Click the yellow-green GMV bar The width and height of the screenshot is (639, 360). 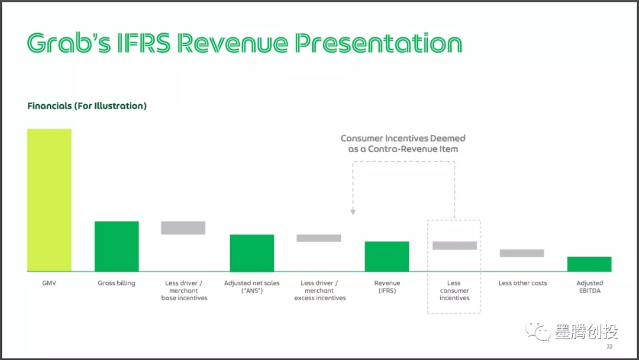tap(49, 200)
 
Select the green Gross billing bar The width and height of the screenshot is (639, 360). tap(117, 246)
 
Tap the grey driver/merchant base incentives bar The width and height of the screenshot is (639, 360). tap(183, 228)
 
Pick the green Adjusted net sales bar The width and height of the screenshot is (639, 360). tap(252, 253)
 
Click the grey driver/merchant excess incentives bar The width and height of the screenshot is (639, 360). tap(319, 238)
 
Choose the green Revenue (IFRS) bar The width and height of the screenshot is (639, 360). tap(387, 256)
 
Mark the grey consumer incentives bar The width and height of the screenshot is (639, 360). tap(454, 246)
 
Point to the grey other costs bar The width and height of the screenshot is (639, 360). tap(522, 253)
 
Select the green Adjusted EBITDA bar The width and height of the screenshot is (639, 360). tap(589, 264)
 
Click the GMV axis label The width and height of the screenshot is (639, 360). tap(49, 283)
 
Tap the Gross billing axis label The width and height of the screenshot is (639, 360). tap(117, 283)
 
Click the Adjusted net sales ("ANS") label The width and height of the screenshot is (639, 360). tap(252, 287)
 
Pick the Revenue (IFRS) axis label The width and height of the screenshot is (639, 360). tap(387, 287)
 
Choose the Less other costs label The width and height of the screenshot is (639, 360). tap(522, 283)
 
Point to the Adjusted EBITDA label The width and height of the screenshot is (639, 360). tap(590, 287)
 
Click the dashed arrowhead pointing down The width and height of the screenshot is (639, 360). tap(353, 212)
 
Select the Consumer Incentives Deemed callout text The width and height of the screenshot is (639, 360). tap(403, 143)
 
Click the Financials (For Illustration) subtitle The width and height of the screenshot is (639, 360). tap(87, 106)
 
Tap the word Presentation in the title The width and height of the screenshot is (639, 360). tap(379, 43)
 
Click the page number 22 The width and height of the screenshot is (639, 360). tap(609, 346)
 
